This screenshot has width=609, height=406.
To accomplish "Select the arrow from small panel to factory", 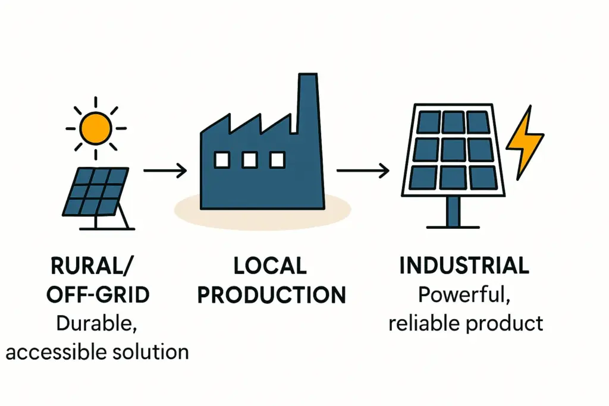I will (165, 171).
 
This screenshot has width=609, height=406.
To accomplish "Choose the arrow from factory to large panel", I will (363, 171).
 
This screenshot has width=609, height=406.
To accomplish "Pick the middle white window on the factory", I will (250, 159).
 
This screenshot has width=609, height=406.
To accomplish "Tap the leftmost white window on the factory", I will (222, 159).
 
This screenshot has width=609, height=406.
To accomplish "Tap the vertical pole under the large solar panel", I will (453, 210).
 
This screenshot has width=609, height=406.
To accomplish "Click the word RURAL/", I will (95, 266).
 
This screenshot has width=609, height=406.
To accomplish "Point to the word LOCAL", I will (270, 266).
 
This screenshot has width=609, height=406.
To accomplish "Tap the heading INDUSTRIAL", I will (464, 266).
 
